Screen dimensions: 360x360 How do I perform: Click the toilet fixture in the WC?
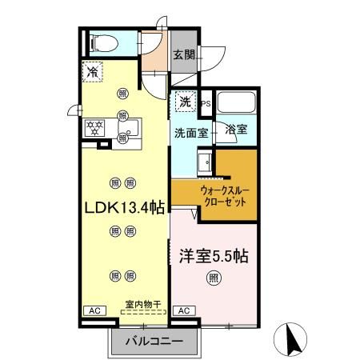[x=104, y=43]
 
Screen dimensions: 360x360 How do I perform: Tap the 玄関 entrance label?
[x=184, y=55]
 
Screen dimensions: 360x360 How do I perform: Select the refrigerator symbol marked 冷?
[x=92, y=71]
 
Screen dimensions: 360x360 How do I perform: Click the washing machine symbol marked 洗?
[x=186, y=102]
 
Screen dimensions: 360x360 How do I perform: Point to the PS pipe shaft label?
[x=206, y=104]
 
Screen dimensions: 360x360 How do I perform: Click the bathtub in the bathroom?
[x=236, y=102]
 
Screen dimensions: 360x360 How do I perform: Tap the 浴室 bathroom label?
[x=236, y=129]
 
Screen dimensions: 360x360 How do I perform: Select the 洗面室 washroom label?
[x=191, y=133]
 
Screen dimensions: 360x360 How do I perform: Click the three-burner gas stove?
[x=94, y=128]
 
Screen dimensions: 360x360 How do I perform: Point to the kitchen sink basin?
[x=129, y=128]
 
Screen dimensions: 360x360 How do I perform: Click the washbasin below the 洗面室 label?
[x=205, y=162]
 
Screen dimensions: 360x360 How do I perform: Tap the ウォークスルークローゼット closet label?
[x=225, y=196]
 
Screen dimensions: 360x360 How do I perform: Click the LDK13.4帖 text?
[x=125, y=207]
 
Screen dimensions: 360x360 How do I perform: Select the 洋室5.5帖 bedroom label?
[x=214, y=256]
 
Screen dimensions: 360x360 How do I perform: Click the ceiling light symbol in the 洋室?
[x=214, y=278]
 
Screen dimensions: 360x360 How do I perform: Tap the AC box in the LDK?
[x=95, y=310]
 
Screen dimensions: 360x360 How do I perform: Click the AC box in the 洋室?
[x=184, y=310]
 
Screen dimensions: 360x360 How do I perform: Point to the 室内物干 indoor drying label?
[x=143, y=304]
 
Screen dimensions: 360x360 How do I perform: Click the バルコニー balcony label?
[x=154, y=342]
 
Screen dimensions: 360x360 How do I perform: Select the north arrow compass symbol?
[x=290, y=339]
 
